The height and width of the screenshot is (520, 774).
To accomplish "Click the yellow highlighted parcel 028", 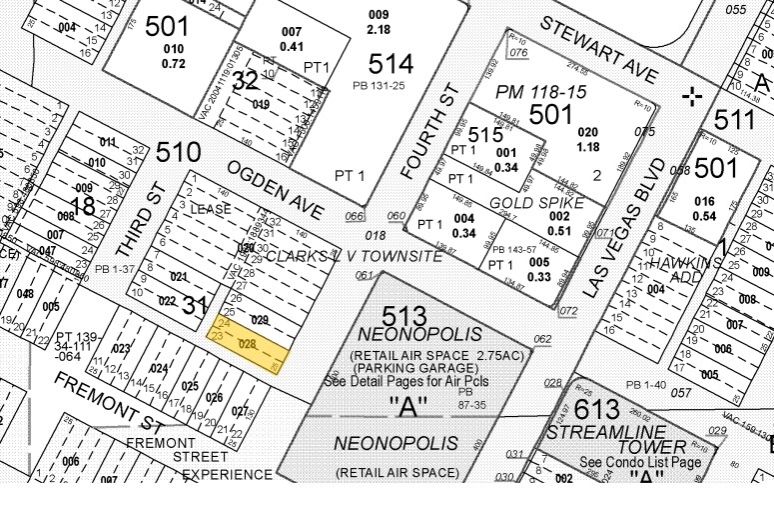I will point(250,344).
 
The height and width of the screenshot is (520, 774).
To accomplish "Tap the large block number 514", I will point(390,64).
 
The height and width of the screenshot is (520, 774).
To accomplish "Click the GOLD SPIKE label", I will point(522,202).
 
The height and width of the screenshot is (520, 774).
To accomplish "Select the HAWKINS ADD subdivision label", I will point(682,269).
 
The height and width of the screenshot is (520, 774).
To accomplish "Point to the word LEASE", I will point(211,209).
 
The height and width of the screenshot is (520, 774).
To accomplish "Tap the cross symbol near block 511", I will point(690,96).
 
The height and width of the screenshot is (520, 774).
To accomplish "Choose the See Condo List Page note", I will point(639,462).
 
